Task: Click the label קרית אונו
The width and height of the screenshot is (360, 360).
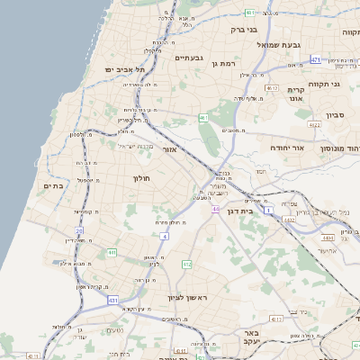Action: click(298, 94)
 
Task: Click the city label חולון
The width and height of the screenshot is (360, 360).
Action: click(143, 179)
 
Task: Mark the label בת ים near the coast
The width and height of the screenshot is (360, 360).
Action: click(52, 185)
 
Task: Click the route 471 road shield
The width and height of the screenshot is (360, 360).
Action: click(316, 59)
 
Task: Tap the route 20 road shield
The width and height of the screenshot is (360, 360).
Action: click(79, 231)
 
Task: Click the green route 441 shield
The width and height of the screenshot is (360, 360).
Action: click(112, 253)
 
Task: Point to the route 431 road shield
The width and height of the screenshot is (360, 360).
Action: click(112, 299)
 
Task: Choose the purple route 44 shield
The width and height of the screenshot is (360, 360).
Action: click(215, 209)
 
